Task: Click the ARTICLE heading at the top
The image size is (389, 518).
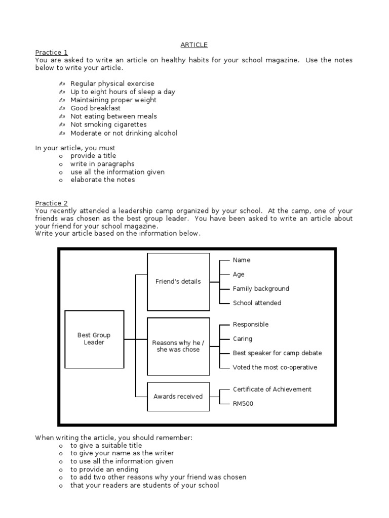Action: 194,45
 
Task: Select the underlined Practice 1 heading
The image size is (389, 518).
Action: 51,53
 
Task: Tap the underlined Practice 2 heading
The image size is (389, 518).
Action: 51,203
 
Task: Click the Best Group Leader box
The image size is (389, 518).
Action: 94,339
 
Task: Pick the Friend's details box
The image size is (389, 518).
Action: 178,282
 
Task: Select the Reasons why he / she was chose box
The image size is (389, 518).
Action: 178,346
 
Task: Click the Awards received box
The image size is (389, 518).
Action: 178,397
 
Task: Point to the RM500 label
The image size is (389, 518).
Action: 243,404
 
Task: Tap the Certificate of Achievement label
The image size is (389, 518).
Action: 272,390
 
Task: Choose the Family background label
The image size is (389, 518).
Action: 261,289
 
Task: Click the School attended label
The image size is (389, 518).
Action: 257,303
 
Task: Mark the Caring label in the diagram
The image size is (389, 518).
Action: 242,339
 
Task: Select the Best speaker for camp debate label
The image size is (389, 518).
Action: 277,353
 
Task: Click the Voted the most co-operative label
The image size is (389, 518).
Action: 275,367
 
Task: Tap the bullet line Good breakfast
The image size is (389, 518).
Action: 95,108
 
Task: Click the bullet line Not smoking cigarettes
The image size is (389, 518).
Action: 108,124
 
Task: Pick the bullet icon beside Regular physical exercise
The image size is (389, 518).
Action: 61,83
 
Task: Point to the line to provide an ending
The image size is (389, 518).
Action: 104,469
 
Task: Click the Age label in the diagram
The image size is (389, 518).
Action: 239,275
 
